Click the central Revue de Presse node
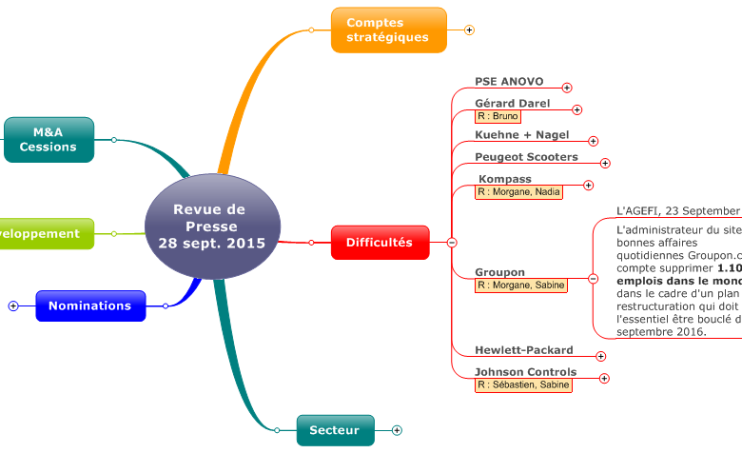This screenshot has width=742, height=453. tap(211, 226)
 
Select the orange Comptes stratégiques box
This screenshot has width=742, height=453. tap(388, 30)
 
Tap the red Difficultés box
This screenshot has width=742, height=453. tap(380, 243)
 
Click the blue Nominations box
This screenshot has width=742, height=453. tap(90, 306)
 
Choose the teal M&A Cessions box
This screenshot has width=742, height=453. tap(49, 140)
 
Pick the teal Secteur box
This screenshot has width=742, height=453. tap(335, 430)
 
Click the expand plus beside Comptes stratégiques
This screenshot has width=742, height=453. tap(469, 30)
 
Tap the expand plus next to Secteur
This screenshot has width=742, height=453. tap(397, 431)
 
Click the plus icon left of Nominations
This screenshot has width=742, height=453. tap(13, 306)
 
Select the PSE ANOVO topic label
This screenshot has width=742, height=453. tap(509, 82)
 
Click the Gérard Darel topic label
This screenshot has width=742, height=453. tap(512, 103)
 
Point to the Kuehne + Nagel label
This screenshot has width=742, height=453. tap(521, 135)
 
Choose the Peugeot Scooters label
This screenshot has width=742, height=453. tap(526, 156)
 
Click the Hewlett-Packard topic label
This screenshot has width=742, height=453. tap(523, 350)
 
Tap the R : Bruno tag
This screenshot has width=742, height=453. tap(498, 116)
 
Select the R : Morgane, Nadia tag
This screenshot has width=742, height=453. tap(518, 192)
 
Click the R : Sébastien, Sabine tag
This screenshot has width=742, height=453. tap(523, 385)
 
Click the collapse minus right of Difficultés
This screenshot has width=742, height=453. tap(452, 243)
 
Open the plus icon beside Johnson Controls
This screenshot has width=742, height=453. tap(604, 379)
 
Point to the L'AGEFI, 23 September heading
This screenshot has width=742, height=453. tap(677, 210)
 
